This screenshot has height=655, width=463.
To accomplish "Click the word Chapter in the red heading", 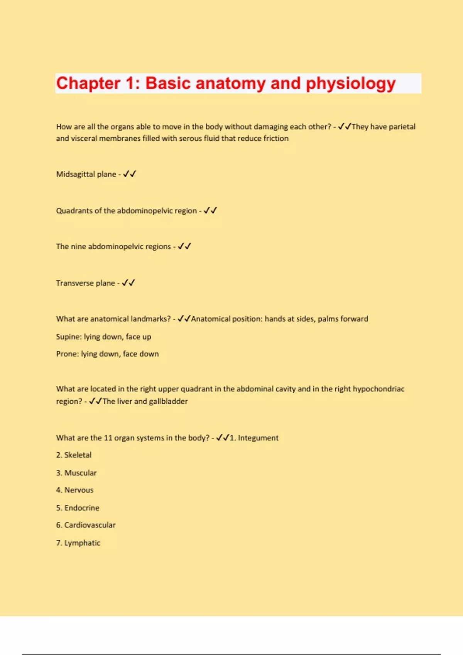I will (88, 84).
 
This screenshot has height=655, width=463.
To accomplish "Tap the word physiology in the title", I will (351, 84).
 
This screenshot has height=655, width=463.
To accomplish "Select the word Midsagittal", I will (75, 174).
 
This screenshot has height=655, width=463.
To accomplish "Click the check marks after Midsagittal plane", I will (129, 174).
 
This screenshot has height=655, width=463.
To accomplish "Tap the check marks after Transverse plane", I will (128, 283).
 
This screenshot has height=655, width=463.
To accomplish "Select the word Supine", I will (68, 337).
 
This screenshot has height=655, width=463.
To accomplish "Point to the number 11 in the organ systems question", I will (108, 438).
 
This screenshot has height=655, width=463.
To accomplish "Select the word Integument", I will (258, 438).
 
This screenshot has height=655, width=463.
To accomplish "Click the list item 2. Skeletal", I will (74, 455).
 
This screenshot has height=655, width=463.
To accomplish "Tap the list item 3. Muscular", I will (76, 473).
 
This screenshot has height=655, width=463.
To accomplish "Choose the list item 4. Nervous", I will (75, 490).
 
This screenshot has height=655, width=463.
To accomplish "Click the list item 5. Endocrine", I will (78, 508).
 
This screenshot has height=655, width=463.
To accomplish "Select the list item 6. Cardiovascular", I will (86, 525).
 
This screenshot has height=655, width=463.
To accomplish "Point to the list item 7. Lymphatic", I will (78, 543).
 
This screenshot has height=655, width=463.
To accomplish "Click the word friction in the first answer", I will (276, 138).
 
